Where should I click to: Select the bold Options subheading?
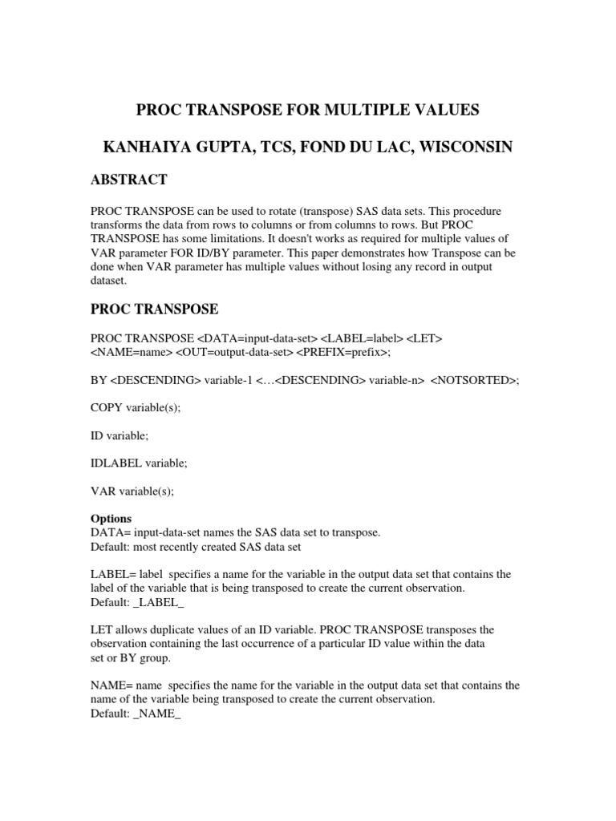pyautogui.click(x=111, y=518)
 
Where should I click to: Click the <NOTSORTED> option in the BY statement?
pyautogui.click(x=474, y=380)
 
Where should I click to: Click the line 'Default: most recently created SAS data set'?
pyautogui.click(x=196, y=546)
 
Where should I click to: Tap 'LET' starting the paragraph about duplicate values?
pyautogui.click(x=100, y=629)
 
